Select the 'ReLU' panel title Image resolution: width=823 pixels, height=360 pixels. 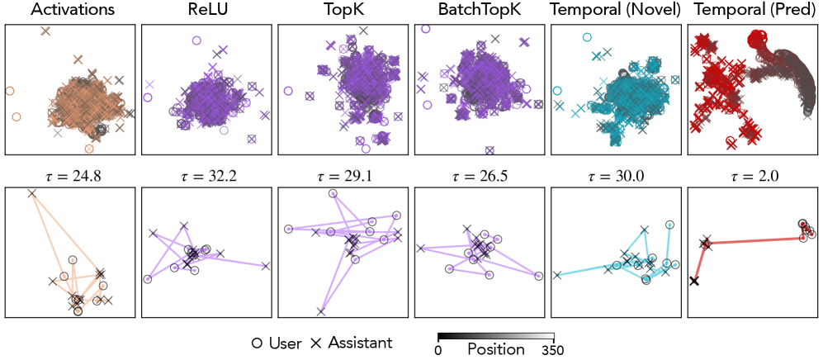(205, 11)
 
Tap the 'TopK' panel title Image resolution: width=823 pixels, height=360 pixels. (342, 11)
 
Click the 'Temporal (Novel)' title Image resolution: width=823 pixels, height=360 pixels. (615, 11)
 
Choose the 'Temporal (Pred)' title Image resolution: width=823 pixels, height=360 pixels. (752, 11)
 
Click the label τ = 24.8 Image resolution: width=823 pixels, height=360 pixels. (69, 175)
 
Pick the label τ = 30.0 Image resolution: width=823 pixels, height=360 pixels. (615, 175)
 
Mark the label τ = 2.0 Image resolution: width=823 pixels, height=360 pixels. (752, 175)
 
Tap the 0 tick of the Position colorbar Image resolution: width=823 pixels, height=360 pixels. (438, 350)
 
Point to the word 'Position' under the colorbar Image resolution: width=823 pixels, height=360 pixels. (495, 349)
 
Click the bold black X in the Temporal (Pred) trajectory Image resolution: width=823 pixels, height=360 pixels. (694, 282)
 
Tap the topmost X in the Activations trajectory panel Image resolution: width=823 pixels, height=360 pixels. (31, 194)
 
